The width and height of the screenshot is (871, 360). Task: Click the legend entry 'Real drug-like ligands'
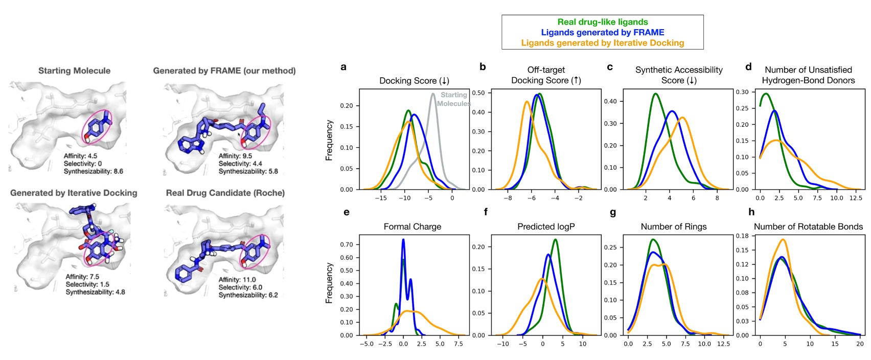[x=602, y=22]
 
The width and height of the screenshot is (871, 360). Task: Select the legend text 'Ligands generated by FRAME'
[x=602, y=32]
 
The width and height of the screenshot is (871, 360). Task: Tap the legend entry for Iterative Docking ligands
[x=602, y=42]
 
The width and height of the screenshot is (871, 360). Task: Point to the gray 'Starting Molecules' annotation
[x=454, y=99]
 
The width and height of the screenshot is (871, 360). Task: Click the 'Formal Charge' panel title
[x=412, y=227]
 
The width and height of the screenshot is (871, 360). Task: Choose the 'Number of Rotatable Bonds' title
[x=808, y=227]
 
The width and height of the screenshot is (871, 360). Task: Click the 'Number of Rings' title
[x=674, y=227]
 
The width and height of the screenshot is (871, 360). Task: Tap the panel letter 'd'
[x=748, y=67]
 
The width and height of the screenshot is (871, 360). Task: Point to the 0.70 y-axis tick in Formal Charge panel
[x=347, y=244]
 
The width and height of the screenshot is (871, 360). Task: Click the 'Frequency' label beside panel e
[x=329, y=283]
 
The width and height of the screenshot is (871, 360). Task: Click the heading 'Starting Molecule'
[x=74, y=71]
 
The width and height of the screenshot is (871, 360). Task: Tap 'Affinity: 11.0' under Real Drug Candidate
[x=237, y=280]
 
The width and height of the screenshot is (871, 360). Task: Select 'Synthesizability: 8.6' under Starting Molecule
[x=91, y=171]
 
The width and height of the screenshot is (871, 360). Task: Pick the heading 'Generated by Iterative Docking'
[x=74, y=193]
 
